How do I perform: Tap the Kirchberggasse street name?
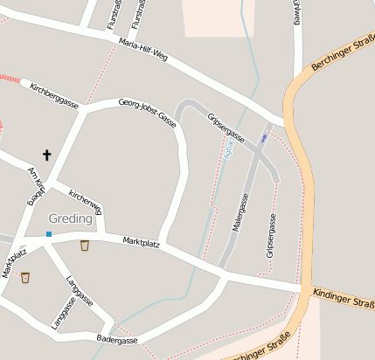(54, 96)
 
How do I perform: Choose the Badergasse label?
(117, 339)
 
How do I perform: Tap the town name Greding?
(70, 218)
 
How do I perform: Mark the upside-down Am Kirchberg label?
(36, 184)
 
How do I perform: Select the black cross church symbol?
(46, 155)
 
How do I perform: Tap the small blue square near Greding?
(49, 234)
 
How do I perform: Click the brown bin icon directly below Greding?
(85, 246)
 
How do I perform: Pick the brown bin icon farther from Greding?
(25, 278)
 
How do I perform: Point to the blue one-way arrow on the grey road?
(264, 138)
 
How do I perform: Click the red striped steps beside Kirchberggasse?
(10, 79)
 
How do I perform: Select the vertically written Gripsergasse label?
(271, 238)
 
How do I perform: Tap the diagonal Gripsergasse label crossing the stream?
(226, 127)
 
